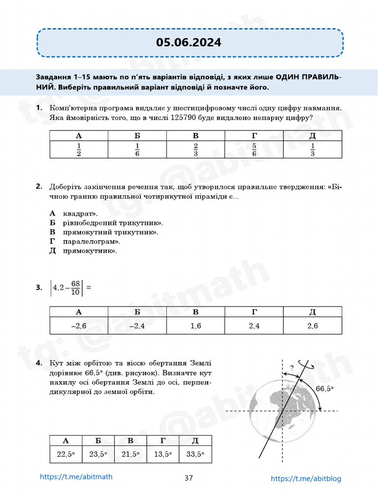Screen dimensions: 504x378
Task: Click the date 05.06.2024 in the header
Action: click(x=189, y=42)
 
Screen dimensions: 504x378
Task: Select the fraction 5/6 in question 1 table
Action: click(x=254, y=150)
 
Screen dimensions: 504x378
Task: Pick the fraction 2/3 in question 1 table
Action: click(x=195, y=150)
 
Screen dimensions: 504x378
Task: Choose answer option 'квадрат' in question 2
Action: click(x=80, y=214)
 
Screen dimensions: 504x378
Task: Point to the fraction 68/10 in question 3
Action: click(x=75, y=288)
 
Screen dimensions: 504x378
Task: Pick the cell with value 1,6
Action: click(x=195, y=326)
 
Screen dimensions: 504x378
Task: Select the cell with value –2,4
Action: click(x=137, y=326)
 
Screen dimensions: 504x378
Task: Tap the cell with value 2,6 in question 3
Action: click(x=313, y=326)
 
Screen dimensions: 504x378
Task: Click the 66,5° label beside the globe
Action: click(x=324, y=388)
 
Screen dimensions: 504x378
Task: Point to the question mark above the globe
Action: click(x=292, y=367)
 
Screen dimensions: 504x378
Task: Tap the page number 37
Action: click(x=189, y=478)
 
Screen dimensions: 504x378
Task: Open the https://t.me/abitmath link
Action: click(x=72, y=477)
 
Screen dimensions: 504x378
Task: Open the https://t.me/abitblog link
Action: click(x=306, y=478)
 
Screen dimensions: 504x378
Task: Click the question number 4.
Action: click(x=38, y=364)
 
